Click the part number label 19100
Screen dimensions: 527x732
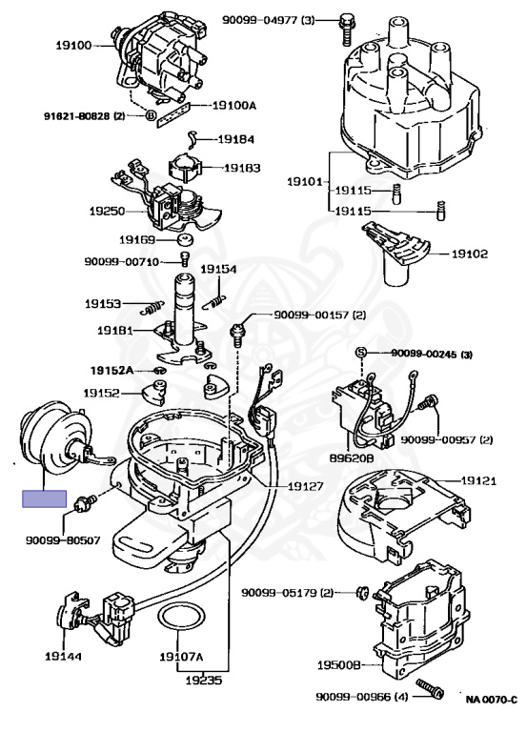[73, 46]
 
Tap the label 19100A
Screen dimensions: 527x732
[234, 106]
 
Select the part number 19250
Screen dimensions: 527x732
[108, 212]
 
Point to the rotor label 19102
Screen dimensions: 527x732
[470, 254]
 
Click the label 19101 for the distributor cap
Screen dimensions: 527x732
[304, 181]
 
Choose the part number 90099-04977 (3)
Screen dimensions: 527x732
[269, 20]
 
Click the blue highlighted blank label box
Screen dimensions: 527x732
[45, 498]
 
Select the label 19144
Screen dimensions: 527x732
[63, 657]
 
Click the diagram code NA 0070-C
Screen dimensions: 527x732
[492, 700]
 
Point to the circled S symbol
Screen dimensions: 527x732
[360, 353]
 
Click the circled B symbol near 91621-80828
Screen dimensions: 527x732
[151, 115]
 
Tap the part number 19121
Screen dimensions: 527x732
[479, 480]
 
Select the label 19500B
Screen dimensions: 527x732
[339, 664]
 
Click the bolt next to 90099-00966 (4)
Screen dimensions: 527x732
[430, 689]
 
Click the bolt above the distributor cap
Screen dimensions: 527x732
[346, 30]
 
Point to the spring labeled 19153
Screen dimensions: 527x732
[152, 307]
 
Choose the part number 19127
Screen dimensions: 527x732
[305, 486]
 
